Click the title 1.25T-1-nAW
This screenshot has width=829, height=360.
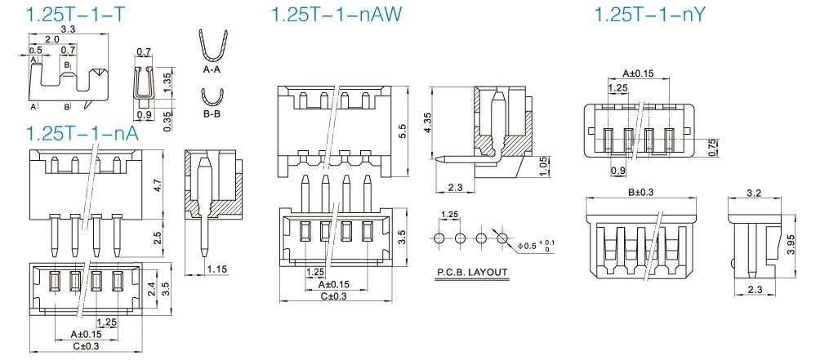point(337,14)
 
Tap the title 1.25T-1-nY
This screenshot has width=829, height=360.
point(650,14)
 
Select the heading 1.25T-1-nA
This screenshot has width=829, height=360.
point(82,133)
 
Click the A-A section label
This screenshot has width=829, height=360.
point(212,69)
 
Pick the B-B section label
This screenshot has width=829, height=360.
point(212,113)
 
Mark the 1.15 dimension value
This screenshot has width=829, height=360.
point(217,269)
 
